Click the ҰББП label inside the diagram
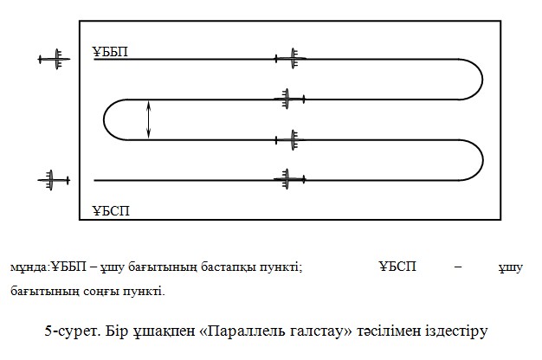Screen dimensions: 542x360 click(110, 51)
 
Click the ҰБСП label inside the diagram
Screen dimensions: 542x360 click(111, 210)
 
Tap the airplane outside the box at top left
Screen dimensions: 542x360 click(55, 59)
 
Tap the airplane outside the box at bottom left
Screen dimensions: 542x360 click(54, 180)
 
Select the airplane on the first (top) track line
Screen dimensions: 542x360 click(291, 58)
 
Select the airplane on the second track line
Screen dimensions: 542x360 click(290, 100)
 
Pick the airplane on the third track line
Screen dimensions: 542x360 click(290, 140)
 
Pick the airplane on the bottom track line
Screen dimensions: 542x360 click(290, 179)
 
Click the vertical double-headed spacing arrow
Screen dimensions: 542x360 click(149, 119)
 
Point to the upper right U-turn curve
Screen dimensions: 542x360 click(482, 80)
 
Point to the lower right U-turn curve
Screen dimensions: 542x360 click(483, 160)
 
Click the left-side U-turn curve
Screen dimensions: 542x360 click(104, 119)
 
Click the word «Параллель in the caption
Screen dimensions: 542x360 click(242, 331)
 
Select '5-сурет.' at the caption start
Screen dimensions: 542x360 click(73, 331)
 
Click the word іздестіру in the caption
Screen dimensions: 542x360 click(456, 331)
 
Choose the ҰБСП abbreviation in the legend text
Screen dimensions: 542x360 click(397, 267)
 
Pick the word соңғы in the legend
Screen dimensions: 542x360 click(101, 292)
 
